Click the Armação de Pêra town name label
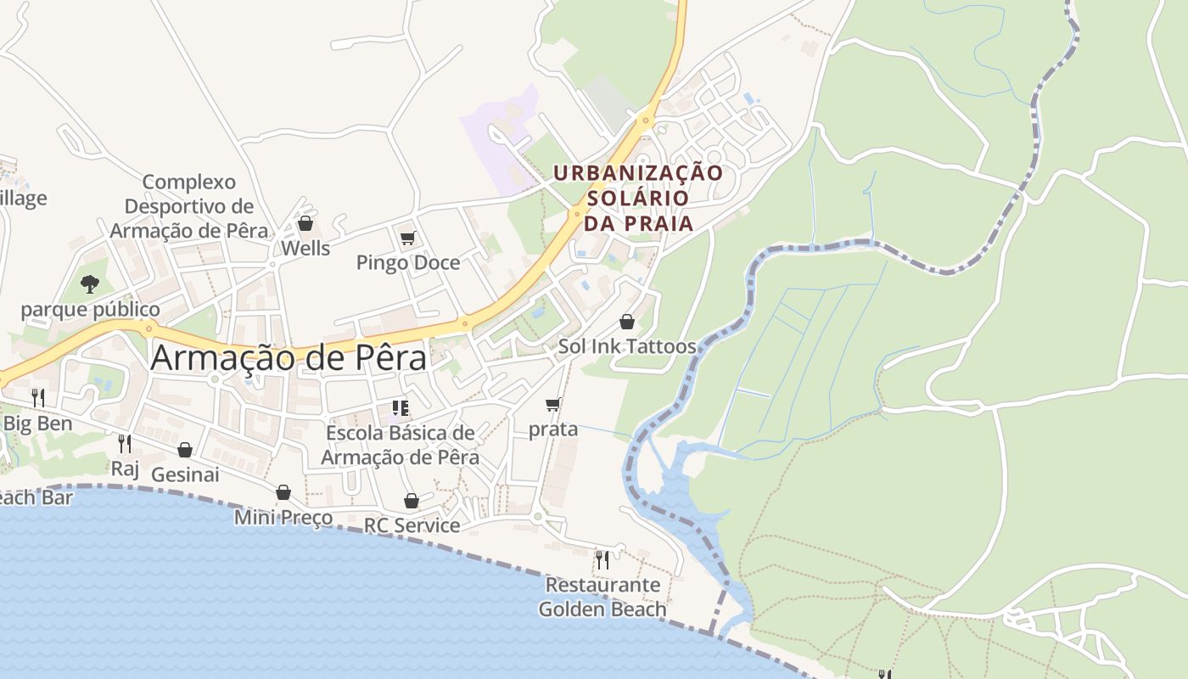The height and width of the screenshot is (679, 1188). tap(289, 358)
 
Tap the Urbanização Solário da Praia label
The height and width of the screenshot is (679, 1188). tap(638, 198)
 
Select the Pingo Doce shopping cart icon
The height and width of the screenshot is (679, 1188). tap(408, 238)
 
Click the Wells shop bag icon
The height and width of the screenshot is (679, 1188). tap(305, 223)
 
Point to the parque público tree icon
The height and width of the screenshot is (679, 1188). tap(90, 283)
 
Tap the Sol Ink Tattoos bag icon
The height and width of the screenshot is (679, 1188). tap(627, 322)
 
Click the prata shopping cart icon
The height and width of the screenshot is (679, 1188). tap(553, 404)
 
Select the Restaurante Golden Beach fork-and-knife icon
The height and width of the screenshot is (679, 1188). tap(602, 559)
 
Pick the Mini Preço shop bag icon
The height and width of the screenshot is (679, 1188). tap(283, 492)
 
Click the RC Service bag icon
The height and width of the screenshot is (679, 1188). tap(412, 501)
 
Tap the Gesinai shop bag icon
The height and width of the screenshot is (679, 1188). tap(185, 450)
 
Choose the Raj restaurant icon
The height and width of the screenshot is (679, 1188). tap(125, 443)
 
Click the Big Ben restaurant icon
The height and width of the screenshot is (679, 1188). tap(38, 397)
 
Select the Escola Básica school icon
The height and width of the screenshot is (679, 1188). tap(401, 408)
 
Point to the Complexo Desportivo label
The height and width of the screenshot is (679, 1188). tap(189, 206)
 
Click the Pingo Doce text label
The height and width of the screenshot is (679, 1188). tap(408, 262)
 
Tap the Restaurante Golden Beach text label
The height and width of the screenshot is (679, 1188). tap(602, 597)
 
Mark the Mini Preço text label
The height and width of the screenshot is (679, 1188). tap(283, 517)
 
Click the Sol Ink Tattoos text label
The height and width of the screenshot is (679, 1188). tap(627, 346)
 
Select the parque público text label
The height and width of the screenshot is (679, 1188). tap(90, 309)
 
